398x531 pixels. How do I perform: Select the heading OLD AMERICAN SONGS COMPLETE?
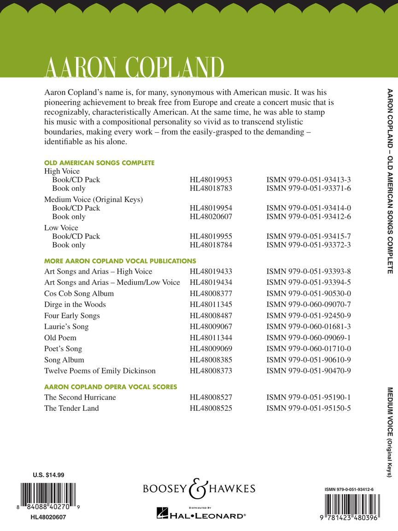click(99, 163)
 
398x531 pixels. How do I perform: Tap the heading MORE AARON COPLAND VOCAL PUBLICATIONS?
click(120, 261)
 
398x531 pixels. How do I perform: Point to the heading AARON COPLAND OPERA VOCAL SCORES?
click(111, 387)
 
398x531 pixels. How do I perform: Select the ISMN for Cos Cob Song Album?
click(309, 294)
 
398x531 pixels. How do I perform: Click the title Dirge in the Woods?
click(75, 305)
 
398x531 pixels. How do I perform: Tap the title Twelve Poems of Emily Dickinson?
click(100, 371)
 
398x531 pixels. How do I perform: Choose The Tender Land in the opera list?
click(71, 408)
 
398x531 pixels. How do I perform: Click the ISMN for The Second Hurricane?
click(309, 397)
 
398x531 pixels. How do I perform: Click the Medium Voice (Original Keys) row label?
click(94, 200)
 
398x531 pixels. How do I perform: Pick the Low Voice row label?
click(61, 228)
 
